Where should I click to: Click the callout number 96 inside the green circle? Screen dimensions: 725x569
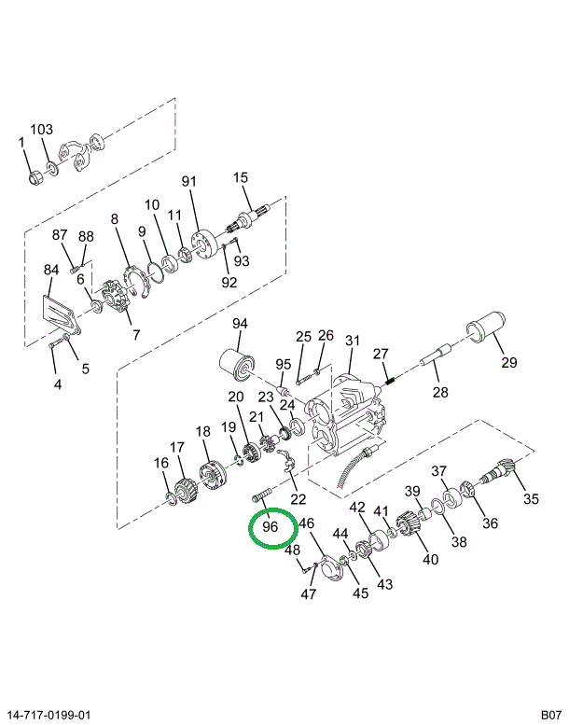[x=271, y=528]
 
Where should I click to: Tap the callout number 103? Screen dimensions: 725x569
[x=42, y=130]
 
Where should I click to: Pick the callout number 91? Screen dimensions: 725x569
[x=188, y=181]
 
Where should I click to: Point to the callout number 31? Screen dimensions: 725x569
[x=352, y=342]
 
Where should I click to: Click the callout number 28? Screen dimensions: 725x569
[x=438, y=392]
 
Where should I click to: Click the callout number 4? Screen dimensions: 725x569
[x=57, y=383]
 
